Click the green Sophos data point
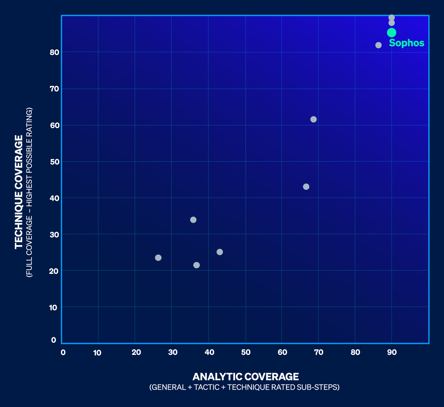click(x=392, y=32)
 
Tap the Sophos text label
click(x=407, y=43)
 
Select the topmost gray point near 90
click(x=392, y=18)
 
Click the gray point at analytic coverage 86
click(x=379, y=45)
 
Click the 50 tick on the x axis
click(x=246, y=352)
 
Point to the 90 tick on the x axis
click(x=392, y=352)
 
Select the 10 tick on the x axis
click(x=97, y=353)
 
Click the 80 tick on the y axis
click(x=54, y=52)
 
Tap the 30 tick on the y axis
click(x=54, y=235)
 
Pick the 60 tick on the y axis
click(x=54, y=125)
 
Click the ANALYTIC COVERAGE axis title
click(x=245, y=377)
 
